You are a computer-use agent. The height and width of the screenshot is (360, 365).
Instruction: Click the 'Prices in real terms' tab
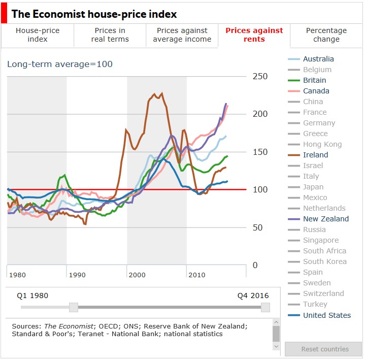(110, 35)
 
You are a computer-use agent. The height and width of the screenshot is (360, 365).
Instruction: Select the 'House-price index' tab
(38, 35)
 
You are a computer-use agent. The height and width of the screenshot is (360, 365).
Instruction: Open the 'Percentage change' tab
(326, 35)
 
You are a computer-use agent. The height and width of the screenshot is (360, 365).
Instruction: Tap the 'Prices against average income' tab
(182, 35)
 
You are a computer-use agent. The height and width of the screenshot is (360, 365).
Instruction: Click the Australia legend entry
(318, 59)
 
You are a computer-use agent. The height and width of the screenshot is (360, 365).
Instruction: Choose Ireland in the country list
(315, 155)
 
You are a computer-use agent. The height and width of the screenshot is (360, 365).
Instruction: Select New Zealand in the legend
(325, 219)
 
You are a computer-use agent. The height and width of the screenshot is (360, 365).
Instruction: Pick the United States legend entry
(326, 315)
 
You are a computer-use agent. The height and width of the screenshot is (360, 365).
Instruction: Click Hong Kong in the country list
(322, 144)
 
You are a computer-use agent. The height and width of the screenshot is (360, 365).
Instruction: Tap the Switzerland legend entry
(323, 293)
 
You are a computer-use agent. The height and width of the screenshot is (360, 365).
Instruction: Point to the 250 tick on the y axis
(260, 76)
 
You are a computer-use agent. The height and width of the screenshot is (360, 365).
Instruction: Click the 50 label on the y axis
(258, 227)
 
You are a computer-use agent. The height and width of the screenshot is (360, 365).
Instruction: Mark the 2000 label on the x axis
(137, 275)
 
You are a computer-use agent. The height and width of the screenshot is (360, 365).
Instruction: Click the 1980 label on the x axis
(17, 275)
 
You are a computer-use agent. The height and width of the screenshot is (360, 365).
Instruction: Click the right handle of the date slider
(265, 307)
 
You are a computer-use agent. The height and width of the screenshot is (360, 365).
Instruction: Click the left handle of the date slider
(74, 307)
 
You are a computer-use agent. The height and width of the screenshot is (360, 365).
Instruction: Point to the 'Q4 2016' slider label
(253, 296)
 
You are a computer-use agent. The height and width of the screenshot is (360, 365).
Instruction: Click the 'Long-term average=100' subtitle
(60, 64)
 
